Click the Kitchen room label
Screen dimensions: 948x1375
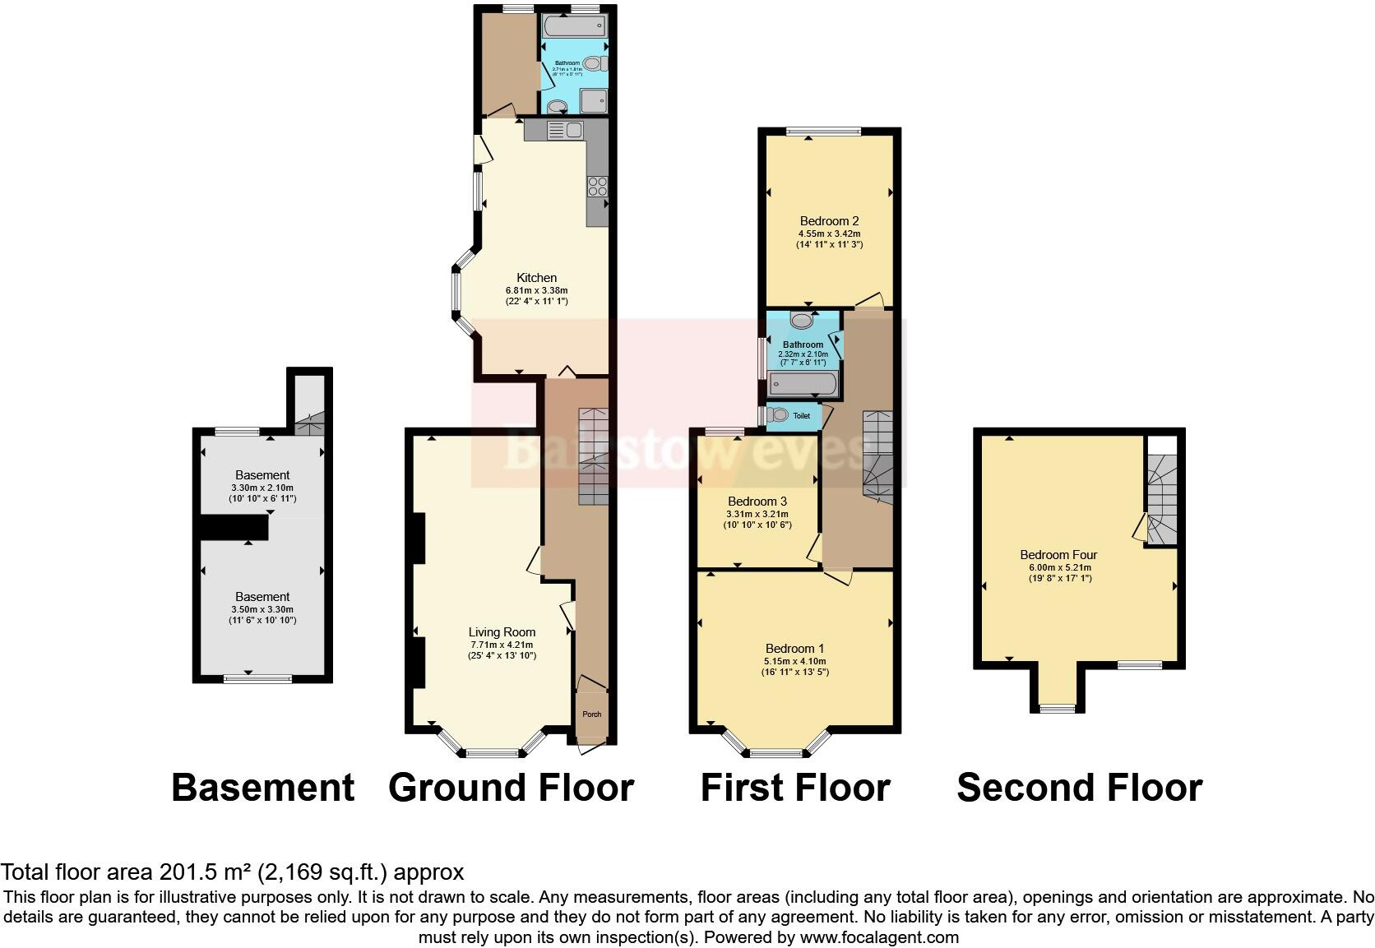(x=536, y=278)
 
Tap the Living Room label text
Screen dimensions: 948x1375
(x=502, y=632)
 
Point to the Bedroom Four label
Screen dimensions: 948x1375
(x=1058, y=555)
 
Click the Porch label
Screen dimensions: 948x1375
(x=591, y=714)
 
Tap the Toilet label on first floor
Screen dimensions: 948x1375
(x=801, y=416)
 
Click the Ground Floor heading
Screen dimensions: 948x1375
(x=511, y=788)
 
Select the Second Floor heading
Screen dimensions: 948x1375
(x=1079, y=788)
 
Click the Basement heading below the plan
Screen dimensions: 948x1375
(x=262, y=788)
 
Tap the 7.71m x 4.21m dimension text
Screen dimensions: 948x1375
(x=502, y=645)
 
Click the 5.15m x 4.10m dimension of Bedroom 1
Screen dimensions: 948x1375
(x=794, y=661)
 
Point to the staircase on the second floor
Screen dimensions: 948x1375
(x=1162, y=502)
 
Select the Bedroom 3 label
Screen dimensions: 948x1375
(x=757, y=502)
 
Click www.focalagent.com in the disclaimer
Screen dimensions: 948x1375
(x=878, y=937)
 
